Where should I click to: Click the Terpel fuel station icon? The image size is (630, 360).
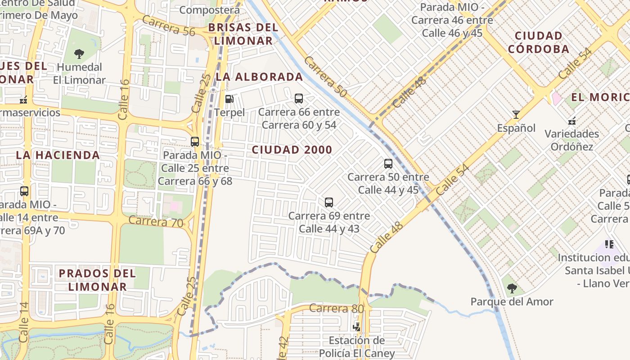click(x=229, y=99)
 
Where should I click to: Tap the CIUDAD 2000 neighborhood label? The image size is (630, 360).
click(x=292, y=150)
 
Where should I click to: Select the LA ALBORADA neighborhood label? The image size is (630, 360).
click(x=259, y=77)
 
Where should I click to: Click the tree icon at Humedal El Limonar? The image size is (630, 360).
click(x=79, y=54)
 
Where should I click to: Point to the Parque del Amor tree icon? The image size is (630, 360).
click(x=512, y=288)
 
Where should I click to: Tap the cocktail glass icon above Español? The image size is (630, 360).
click(x=516, y=115)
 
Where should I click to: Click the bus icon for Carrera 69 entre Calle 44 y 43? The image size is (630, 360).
click(x=329, y=202)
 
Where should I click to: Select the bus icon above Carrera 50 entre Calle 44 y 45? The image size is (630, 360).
click(x=388, y=164)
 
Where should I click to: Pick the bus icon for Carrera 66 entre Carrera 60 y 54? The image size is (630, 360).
click(x=299, y=99)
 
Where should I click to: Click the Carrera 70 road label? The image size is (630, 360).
click(x=156, y=222)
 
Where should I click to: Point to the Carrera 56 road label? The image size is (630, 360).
click(x=169, y=25)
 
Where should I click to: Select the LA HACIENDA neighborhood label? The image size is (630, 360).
click(x=58, y=155)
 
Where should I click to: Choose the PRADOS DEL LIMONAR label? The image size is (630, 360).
click(x=97, y=280)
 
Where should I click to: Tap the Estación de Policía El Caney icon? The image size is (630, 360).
click(x=357, y=327)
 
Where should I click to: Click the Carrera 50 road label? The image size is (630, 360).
click(x=325, y=76)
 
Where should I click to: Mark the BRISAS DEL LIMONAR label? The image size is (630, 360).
click(x=243, y=34)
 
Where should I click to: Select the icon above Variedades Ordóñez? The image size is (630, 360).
click(x=572, y=121)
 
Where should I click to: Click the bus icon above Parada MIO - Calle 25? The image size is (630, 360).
click(x=195, y=142)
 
